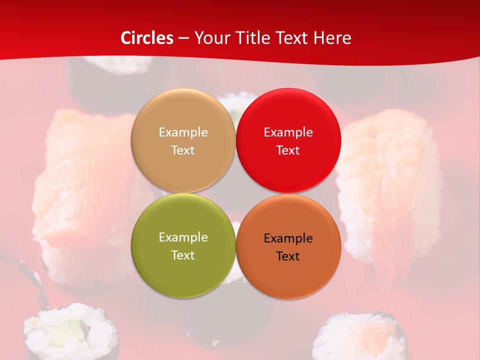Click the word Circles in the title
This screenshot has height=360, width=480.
click(x=146, y=38)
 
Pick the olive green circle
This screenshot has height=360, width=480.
click(x=183, y=270)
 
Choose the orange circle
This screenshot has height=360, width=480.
click(x=288, y=272)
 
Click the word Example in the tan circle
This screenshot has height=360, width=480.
click(x=183, y=132)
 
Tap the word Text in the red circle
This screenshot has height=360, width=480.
click(x=288, y=150)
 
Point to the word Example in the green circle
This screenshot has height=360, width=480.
click(x=183, y=237)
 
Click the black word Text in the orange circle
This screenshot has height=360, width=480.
click(x=288, y=256)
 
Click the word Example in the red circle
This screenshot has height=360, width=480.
click(x=288, y=132)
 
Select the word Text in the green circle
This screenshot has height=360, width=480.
click(x=183, y=255)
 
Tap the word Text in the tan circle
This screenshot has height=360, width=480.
click(x=183, y=150)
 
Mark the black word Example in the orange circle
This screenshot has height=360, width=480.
click(x=288, y=238)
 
